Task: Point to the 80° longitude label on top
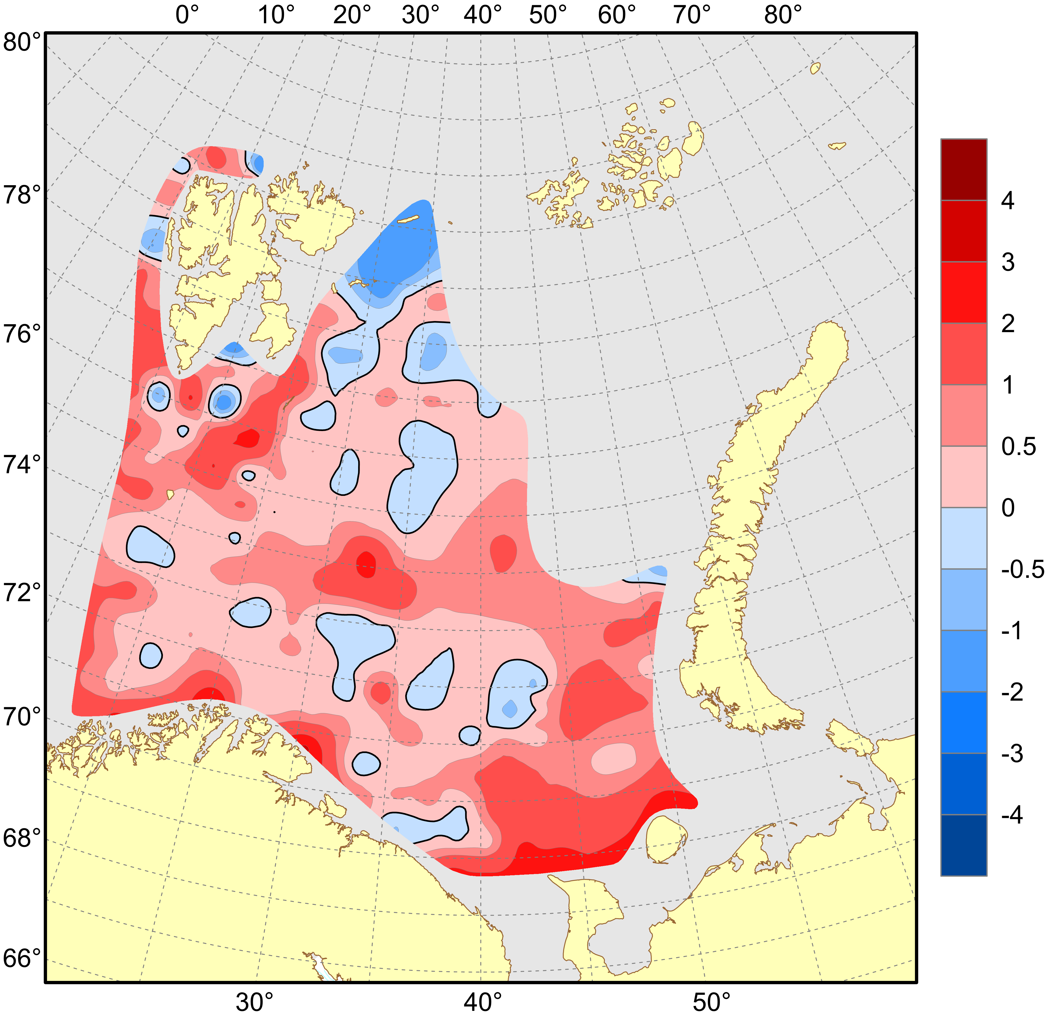[x=783, y=15]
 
